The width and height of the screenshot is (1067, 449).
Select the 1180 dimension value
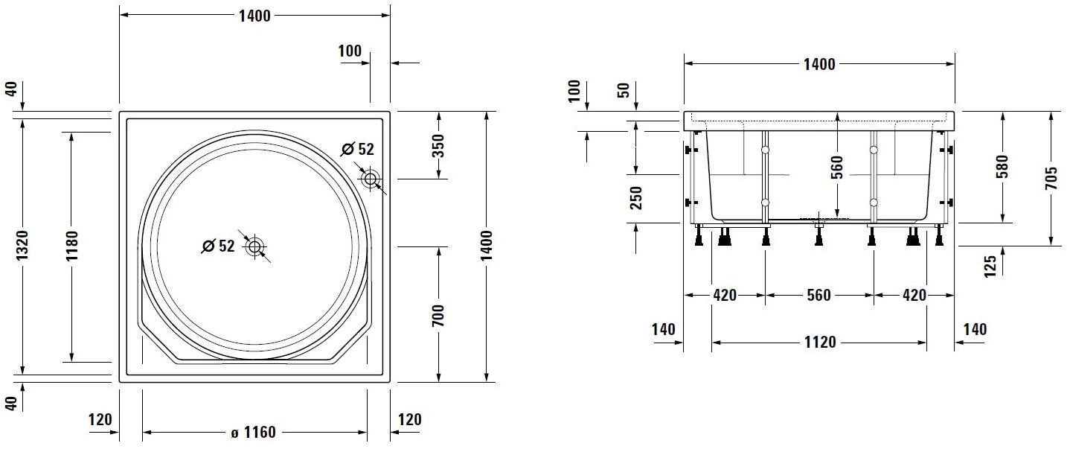[x=71, y=246]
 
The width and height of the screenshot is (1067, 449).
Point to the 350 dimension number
[x=438, y=144]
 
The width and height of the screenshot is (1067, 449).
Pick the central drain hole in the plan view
[x=255, y=246]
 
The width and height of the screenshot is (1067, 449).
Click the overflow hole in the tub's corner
[x=370, y=179]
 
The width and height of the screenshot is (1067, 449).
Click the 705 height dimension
[x=1051, y=179]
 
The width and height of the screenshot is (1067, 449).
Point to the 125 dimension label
[x=990, y=267]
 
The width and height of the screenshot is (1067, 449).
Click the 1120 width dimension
[x=819, y=343]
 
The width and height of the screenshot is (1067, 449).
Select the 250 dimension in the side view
[x=636, y=197]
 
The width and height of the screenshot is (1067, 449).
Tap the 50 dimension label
[x=624, y=90]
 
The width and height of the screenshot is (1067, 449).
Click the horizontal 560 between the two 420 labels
[x=818, y=296]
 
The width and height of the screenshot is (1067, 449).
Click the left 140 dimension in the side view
[x=663, y=329]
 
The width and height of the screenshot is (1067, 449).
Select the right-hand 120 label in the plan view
[x=409, y=420]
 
